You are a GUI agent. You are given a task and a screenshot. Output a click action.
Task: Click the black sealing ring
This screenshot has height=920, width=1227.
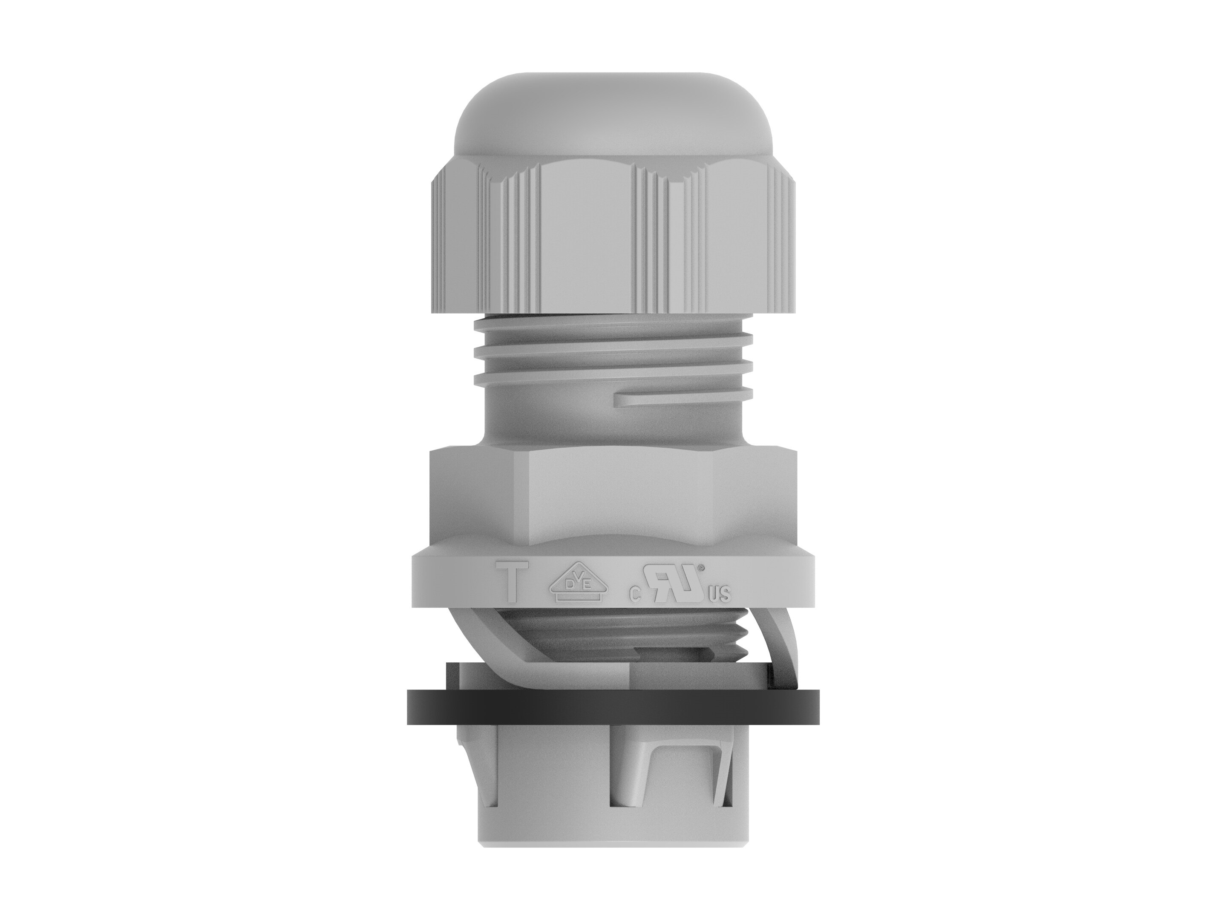click(x=613, y=707)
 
